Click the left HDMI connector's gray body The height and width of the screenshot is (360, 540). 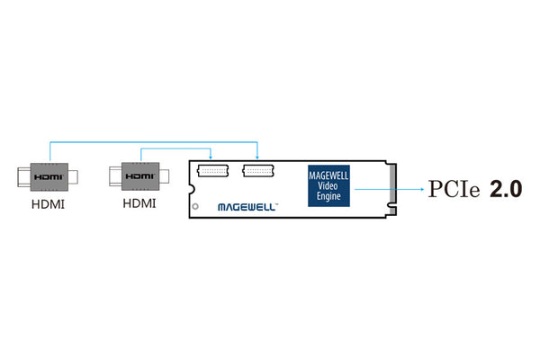(49, 177)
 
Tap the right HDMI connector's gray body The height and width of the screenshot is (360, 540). (140, 176)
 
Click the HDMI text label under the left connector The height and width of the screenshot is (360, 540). (49, 204)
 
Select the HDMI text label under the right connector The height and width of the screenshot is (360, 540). (139, 203)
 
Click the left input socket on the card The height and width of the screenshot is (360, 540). (212, 171)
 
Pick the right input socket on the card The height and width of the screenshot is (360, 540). (258, 171)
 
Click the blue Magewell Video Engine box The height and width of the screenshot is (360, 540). (328, 186)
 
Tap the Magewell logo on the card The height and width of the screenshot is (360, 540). (247, 207)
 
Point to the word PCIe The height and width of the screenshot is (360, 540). (454, 189)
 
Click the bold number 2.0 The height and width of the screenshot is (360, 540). (506, 189)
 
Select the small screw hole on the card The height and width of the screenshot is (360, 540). (195, 206)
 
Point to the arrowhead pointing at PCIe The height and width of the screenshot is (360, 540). (423, 189)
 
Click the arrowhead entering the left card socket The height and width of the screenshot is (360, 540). (211, 157)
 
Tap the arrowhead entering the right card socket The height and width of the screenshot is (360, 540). (256, 157)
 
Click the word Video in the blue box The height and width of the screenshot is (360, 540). (328, 186)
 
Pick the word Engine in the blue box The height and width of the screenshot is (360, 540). (328, 196)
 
